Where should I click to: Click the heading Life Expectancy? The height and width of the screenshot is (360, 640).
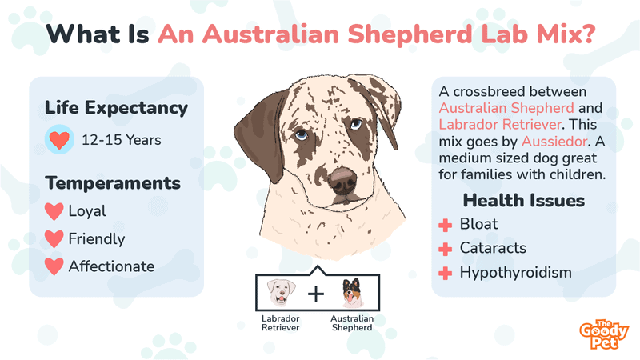pos(117,108)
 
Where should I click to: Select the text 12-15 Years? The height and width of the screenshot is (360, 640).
pos(122,140)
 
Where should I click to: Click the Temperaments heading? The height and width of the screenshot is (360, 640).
pos(113,183)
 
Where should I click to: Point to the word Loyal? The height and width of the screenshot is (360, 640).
pos(87,212)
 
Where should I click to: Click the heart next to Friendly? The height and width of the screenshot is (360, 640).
pos(54,238)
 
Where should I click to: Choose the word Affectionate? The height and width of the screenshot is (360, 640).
pos(111,266)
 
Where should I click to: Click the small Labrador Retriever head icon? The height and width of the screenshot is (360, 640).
pos(279,293)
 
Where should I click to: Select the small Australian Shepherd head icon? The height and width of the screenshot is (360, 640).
pos(352,293)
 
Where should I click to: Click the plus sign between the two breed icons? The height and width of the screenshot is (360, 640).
pos(316,294)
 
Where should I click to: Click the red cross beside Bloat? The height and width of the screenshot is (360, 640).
pos(446,225)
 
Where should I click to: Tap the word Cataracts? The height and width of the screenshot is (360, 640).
pos(492,248)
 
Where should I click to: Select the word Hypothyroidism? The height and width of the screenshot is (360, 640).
pos(515,273)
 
